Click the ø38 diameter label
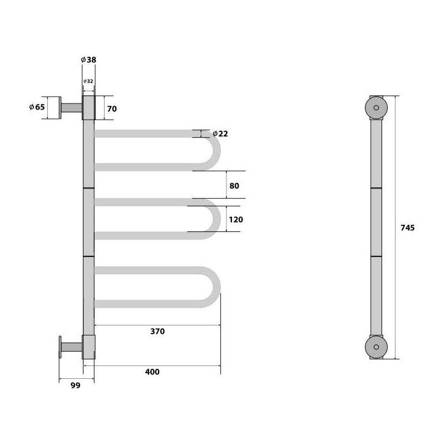pyautogui.click(x=88, y=60)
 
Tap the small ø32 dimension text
pyautogui.click(x=88, y=81)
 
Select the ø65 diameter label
pyautogui.click(x=37, y=107)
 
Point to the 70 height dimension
pyautogui.click(x=112, y=108)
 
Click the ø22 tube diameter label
pyautogui.click(x=220, y=133)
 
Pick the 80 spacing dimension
pyautogui.click(x=234, y=186)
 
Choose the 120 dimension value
pyautogui.click(x=236, y=219)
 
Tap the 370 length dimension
pyautogui.click(x=157, y=331)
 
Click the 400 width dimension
pyautogui.click(x=152, y=372)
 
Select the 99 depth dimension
pyautogui.click(x=76, y=385)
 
